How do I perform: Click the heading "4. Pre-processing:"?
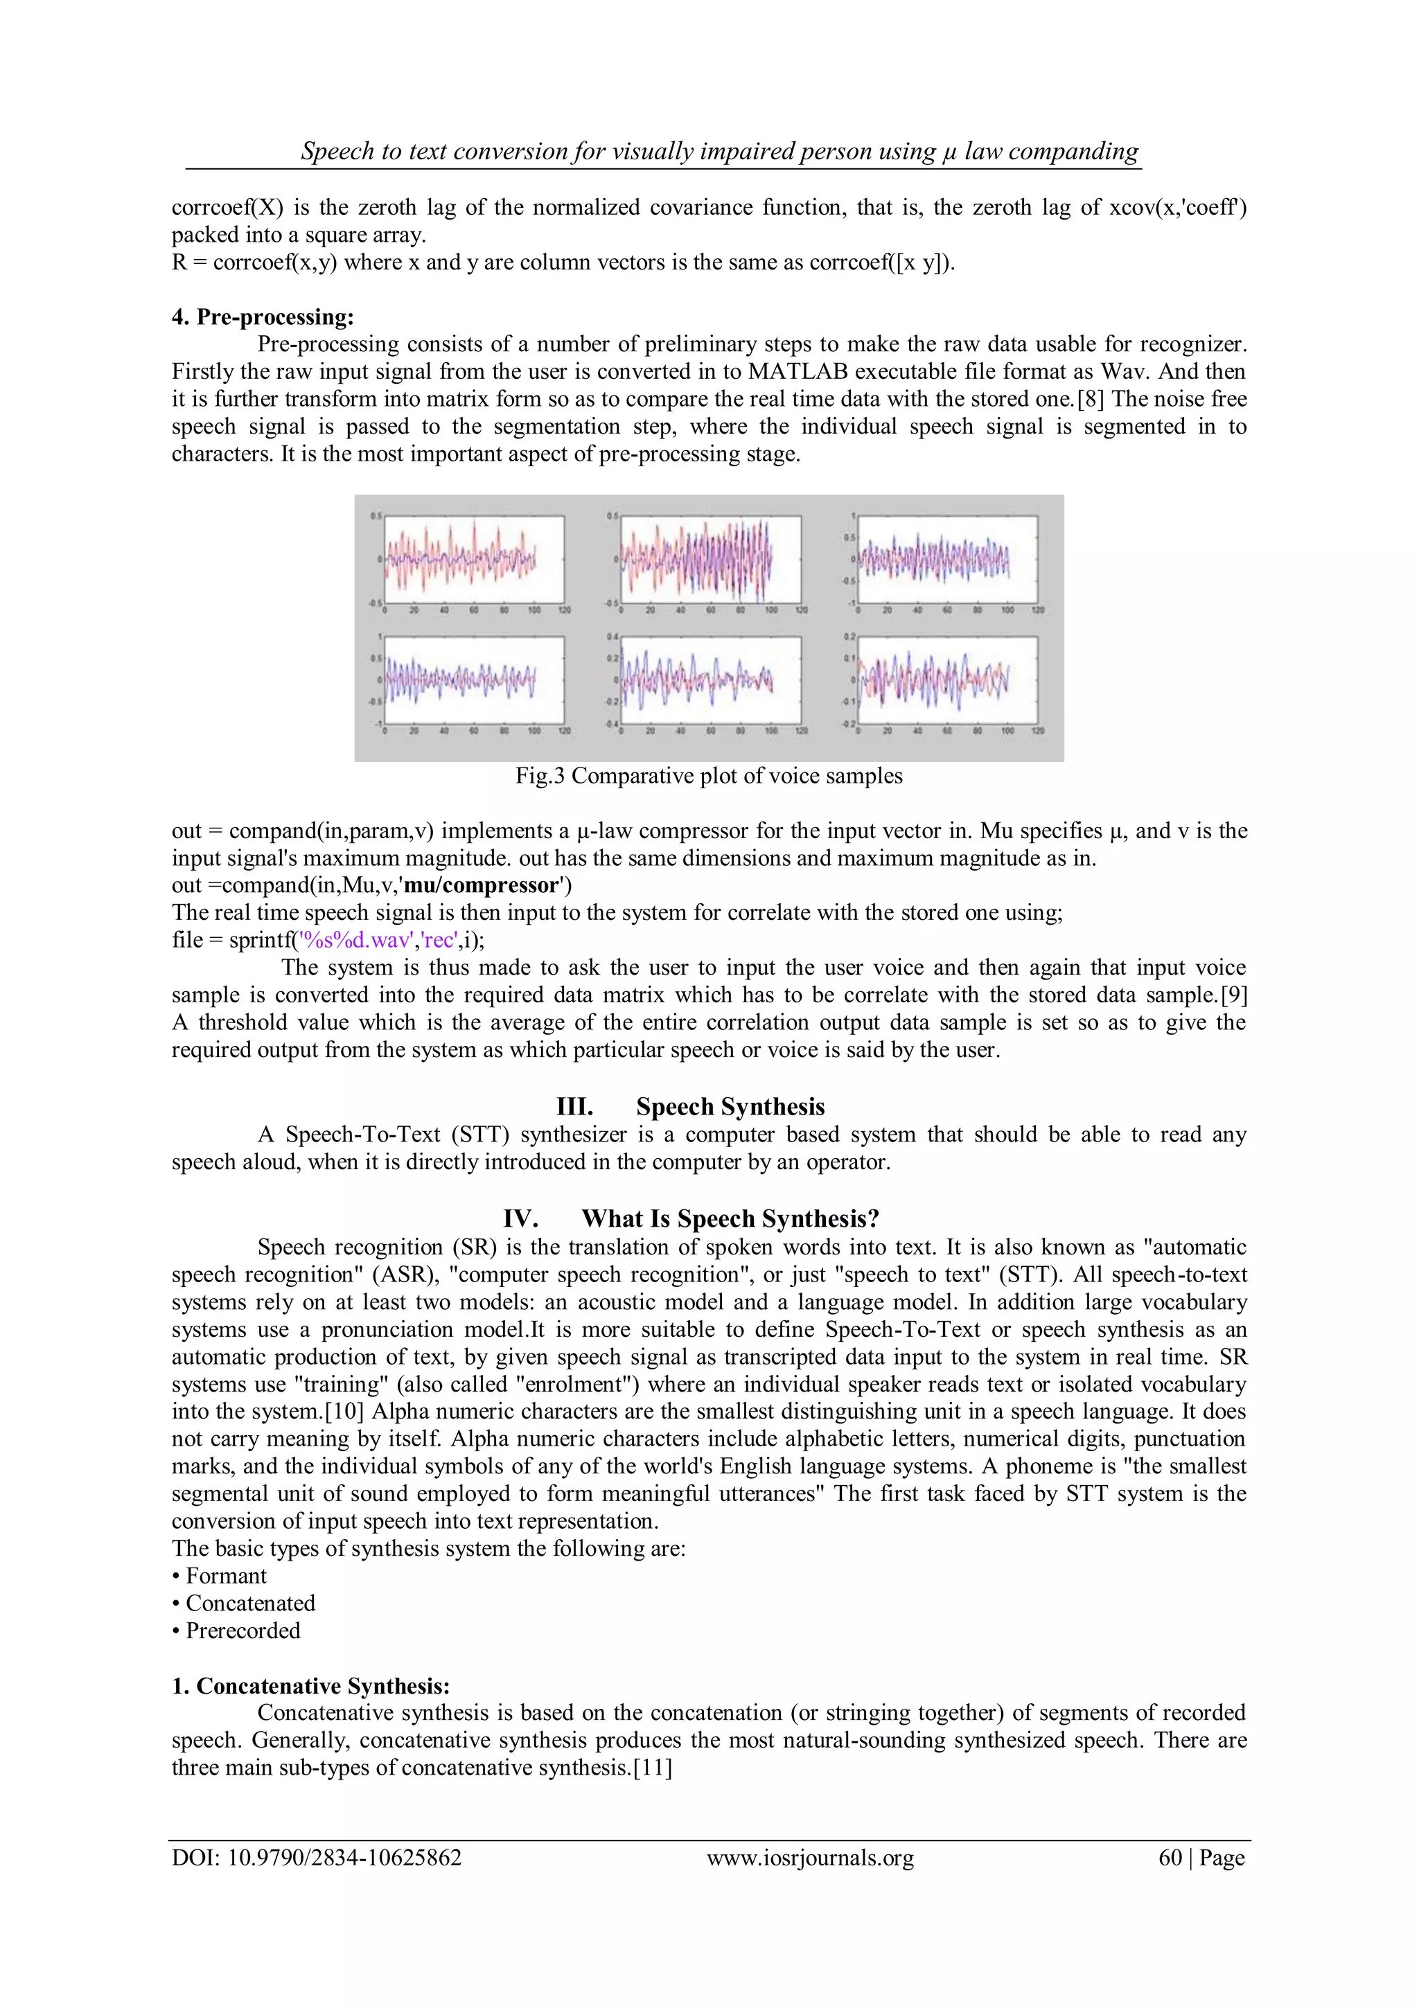pyautogui.click(x=262, y=317)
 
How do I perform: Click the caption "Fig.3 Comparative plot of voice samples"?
pyautogui.click(x=709, y=776)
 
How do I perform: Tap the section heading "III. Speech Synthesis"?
pyautogui.click(x=690, y=1107)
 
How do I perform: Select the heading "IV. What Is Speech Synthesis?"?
pyautogui.click(x=690, y=1219)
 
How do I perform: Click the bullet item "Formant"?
pyautogui.click(x=225, y=1576)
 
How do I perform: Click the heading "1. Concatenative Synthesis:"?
pyautogui.click(x=310, y=1686)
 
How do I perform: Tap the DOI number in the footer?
pyautogui.click(x=317, y=1858)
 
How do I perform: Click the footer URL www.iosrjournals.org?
pyautogui.click(x=810, y=1858)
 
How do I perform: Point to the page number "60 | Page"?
pyautogui.click(x=1201, y=1858)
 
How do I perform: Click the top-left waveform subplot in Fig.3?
pyautogui.click(x=475, y=559)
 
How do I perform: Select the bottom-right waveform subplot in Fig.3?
pyautogui.click(x=948, y=680)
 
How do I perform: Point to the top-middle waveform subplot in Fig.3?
pyautogui.click(x=709, y=559)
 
